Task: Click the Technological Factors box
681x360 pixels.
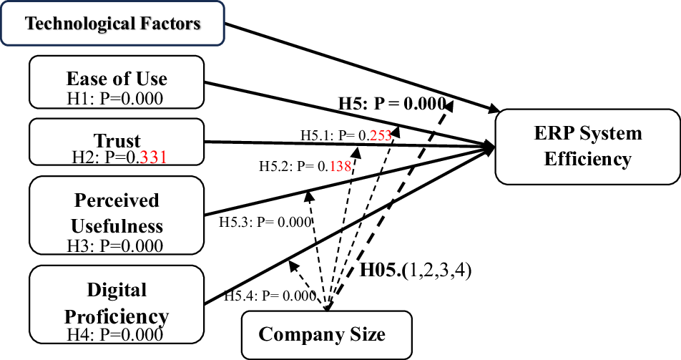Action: pos(112,24)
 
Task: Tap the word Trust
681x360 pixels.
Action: pos(117,140)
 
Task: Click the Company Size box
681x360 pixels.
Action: pos(326,334)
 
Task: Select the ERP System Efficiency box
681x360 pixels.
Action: pos(587,145)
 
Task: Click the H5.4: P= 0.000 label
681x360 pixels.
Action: pos(270,295)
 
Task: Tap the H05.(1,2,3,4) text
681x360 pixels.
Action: pos(416,271)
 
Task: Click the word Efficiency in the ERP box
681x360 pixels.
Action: pos(587,158)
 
